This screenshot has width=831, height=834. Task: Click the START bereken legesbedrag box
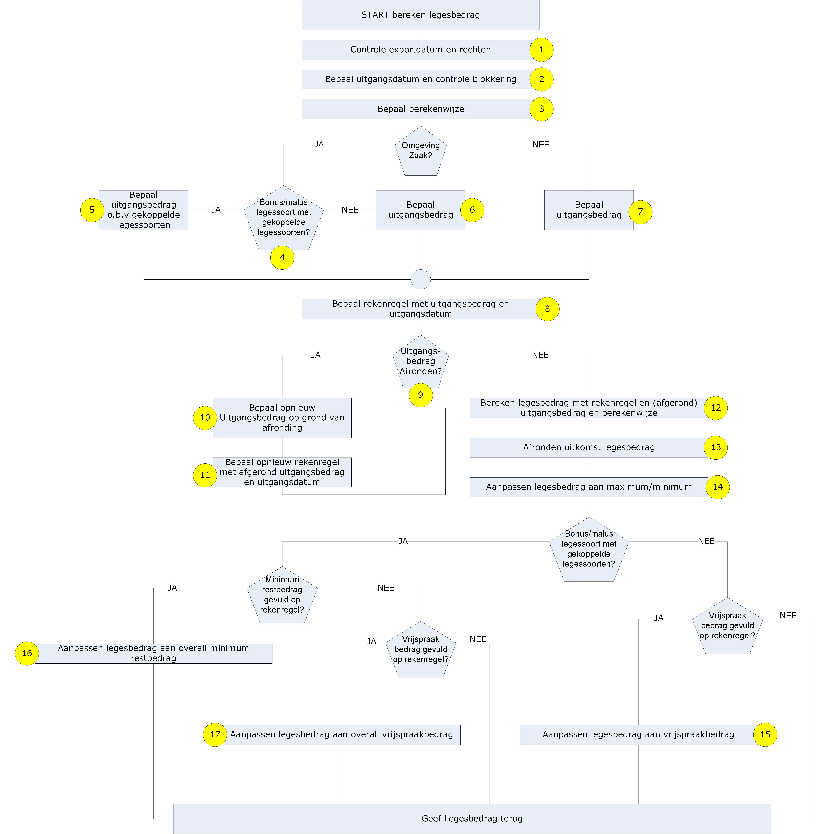[x=421, y=15]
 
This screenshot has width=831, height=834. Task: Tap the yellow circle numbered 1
[x=541, y=50]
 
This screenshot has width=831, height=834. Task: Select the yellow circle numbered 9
[x=421, y=395]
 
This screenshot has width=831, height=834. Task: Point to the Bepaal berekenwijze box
[x=421, y=109]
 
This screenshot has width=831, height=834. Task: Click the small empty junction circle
[x=421, y=279]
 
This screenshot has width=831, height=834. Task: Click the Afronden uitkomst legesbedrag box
[x=589, y=448]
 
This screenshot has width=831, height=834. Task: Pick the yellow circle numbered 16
[x=27, y=653]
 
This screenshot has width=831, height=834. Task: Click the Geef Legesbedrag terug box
[x=472, y=818]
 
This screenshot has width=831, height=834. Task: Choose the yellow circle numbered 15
[x=765, y=735]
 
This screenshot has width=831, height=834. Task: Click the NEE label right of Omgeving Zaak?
[x=540, y=145]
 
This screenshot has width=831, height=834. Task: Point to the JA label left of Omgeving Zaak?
[x=319, y=145]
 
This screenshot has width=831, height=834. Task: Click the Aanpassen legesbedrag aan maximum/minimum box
[x=589, y=487]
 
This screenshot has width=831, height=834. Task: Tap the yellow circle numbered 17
[x=215, y=735]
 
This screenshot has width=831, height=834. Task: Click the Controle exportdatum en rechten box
[x=421, y=50]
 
